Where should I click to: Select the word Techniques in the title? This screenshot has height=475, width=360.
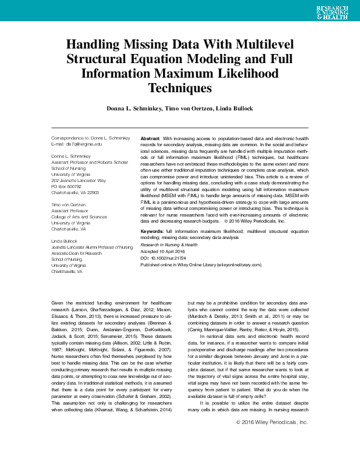pyautogui.click(x=179, y=88)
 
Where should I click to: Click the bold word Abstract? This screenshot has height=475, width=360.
pyautogui.click(x=150, y=139)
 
